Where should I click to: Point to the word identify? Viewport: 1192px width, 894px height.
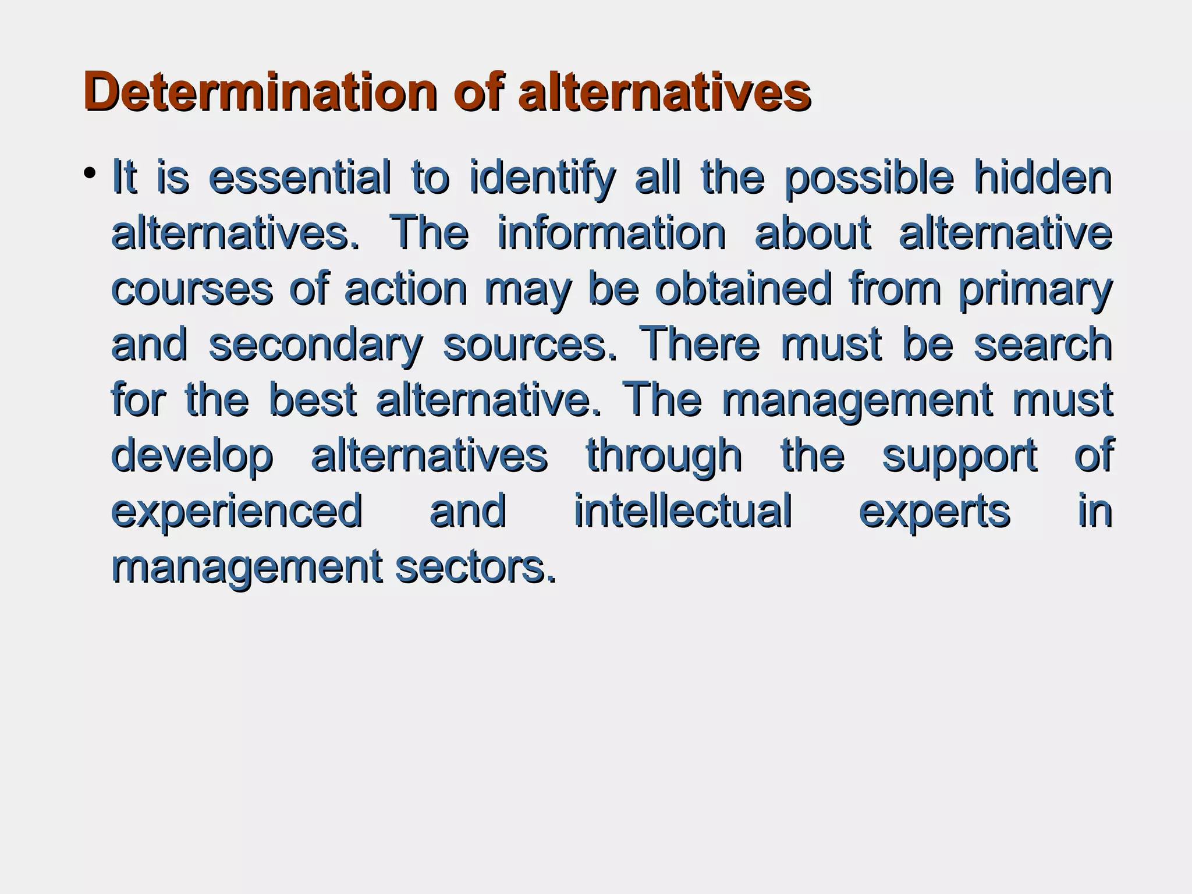[x=542, y=179]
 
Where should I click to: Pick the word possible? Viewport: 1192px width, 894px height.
[x=869, y=179]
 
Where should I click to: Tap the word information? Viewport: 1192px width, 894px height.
[x=612, y=233]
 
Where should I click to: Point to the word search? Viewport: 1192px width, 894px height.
[x=1043, y=344]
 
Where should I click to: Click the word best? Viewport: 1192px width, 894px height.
[x=313, y=400]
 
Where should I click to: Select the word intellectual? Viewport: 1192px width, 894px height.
[x=683, y=510]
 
